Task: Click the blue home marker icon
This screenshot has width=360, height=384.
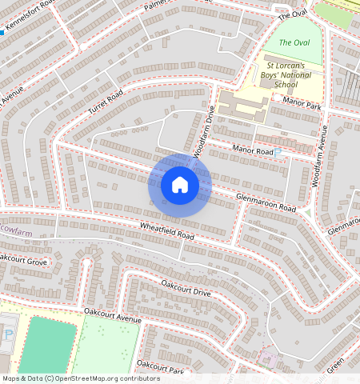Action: point(180,185)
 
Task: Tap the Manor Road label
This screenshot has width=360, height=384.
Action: point(253,151)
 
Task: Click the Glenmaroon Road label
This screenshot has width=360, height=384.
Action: point(266,202)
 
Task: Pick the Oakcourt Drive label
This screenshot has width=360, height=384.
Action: point(186,288)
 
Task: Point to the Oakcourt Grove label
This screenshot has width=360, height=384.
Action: point(24,260)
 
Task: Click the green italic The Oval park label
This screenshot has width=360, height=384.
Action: point(294,42)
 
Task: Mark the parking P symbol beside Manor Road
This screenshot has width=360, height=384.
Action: point(278,152)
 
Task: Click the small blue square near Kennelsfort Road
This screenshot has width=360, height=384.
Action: point(2,33)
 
